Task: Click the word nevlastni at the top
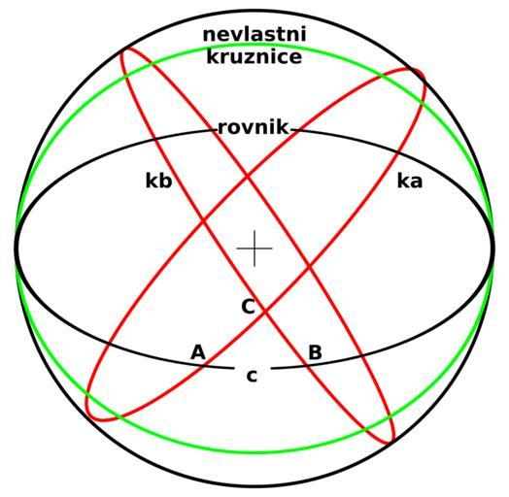tap(254, 34)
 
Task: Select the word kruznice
tap(254, 56)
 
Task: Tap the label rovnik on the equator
tap(253, 127)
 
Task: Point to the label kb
tap(158, 181)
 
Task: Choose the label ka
tap(410, 181)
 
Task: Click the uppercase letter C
tap(249, 307)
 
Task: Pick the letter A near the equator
tap(198, 352)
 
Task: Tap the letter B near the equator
tap(315, 352)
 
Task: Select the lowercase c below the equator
tap(252, 376)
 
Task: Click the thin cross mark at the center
tap(254, 248)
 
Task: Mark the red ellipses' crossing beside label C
tap(265, 313)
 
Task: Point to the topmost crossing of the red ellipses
tap(247, 177)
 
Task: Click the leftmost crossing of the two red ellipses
tap(204, 221)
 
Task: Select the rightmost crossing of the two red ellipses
tap(309, 268)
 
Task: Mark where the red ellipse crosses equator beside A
tap(205, 366)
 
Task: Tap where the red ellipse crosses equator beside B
tap(306, 366)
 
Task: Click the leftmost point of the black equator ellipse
tap(16, 248)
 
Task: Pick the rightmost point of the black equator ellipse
tap(493, 248)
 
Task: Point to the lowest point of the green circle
tap(254, 451)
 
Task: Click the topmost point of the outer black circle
tap(254, 11)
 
